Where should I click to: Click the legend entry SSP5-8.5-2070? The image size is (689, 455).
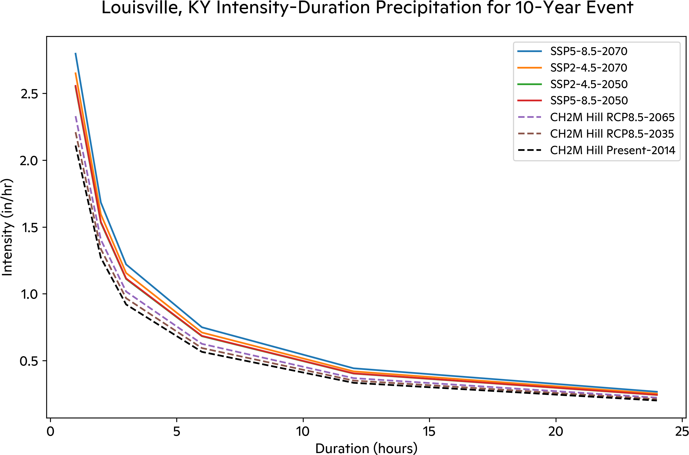[589, 51]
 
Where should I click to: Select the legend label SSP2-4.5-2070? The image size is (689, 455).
[589, 68]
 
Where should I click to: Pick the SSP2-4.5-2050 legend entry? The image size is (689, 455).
[589, 85]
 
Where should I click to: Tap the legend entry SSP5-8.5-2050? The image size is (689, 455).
[589, 101]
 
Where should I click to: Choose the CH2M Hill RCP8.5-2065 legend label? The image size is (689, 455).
[612, 117]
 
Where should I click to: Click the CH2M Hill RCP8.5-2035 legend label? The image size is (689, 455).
[612, 134]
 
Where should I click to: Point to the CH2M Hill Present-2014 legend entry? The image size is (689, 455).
[613, 150]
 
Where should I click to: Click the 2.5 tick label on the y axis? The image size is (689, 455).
[29, 94]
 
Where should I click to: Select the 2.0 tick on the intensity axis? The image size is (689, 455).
[29, 160]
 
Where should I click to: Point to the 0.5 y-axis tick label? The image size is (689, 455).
[29, 361]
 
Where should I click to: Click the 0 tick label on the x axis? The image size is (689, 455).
[50, 432]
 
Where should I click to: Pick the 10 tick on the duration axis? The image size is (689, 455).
[303, 432]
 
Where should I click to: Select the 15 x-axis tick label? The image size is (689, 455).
[429, 432]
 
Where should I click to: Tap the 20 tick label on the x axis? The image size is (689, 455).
[556, 432]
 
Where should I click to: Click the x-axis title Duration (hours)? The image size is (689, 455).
[366, 448]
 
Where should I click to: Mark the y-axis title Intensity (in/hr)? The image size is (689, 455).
[7, 227]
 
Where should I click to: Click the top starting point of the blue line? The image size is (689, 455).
[75, 53]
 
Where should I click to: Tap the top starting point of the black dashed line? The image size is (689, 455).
[75, 146]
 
